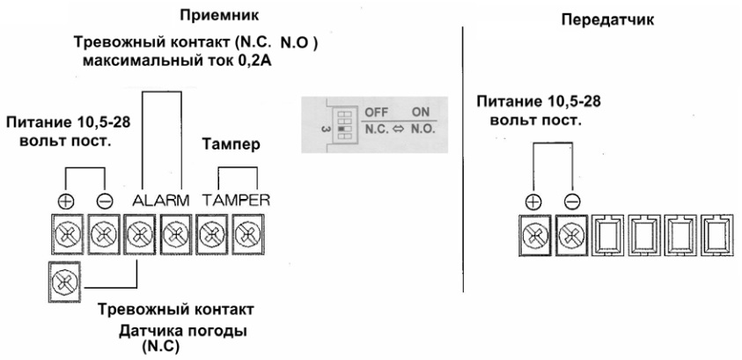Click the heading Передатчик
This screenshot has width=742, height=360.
pos(608,18)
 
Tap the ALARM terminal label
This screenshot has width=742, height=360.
pos(161,200)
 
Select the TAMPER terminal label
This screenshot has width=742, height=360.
pos(234,200)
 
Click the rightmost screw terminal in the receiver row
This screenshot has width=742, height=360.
pos(250,235)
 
